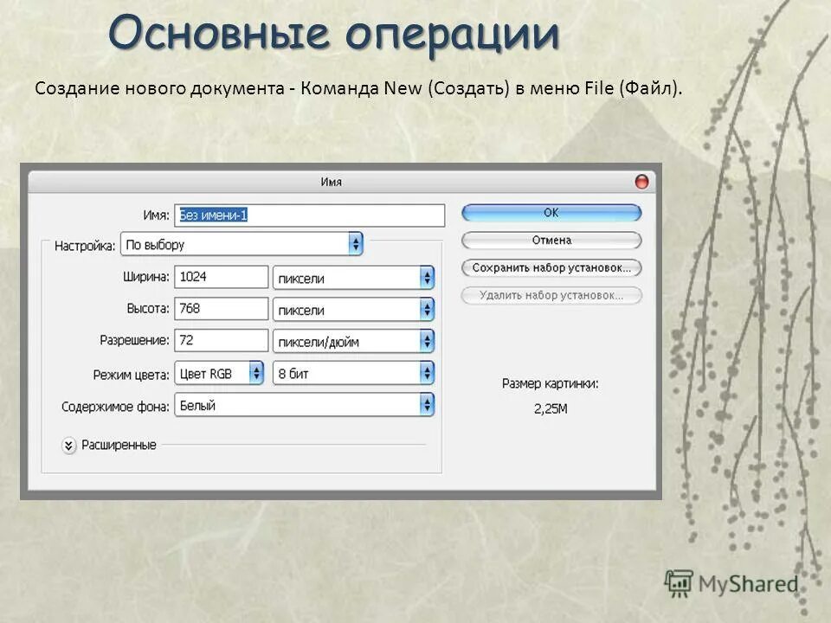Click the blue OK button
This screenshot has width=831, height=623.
551,212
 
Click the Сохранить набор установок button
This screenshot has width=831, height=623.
551,267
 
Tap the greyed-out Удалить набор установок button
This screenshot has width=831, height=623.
551,295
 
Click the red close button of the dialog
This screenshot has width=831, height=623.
641,182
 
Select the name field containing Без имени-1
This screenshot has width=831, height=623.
309,215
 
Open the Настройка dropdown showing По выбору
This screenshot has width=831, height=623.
242,245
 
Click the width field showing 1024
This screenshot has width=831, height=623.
221,277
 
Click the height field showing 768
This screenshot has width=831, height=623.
221,309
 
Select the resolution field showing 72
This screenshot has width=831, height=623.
221,340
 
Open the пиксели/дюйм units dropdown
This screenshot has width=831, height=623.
353,341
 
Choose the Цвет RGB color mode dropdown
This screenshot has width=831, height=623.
219,373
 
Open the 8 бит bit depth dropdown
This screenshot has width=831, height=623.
353,373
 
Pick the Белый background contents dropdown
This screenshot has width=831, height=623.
305,405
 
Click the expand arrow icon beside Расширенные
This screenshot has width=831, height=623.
69,446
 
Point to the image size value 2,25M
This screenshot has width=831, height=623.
551,408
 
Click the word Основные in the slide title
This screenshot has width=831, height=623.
222,35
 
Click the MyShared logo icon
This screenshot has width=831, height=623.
679,584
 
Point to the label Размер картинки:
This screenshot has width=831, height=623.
551,382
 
